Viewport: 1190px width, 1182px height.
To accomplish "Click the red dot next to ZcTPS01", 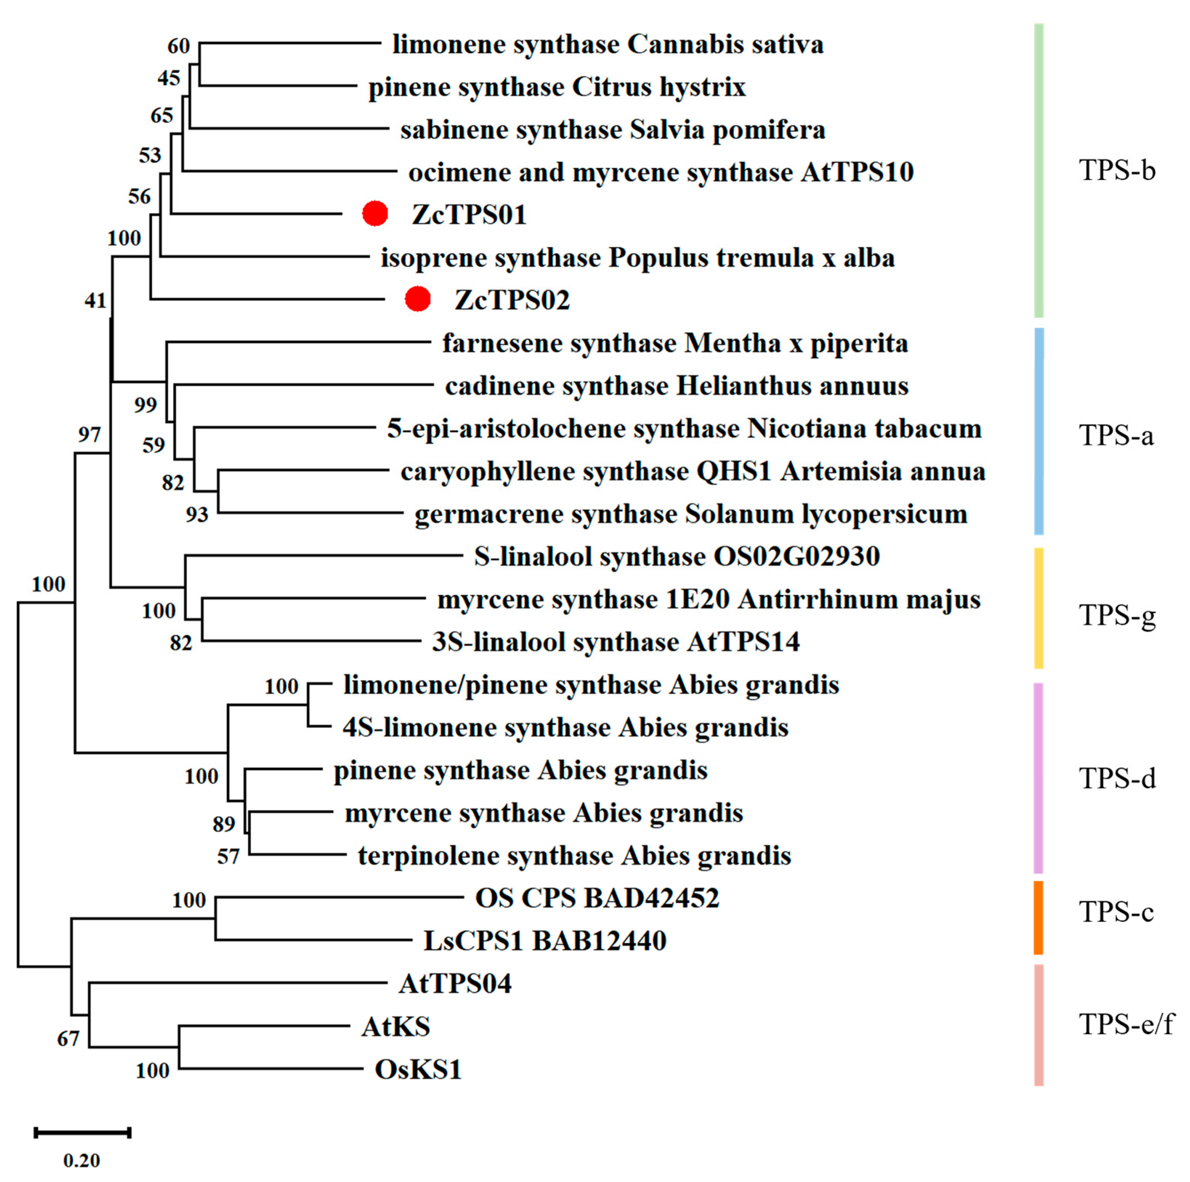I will tap(375, 213).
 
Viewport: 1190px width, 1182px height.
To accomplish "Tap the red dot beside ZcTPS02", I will tap(418, 299).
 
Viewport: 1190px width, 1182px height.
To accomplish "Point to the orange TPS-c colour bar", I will tap(1038, 917).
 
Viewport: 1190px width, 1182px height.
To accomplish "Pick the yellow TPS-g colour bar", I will tap(1038, 608).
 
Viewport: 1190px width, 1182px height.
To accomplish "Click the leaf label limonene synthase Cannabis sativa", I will tap(608, 45).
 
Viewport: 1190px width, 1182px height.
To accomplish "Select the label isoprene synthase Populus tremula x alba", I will tap(638, 257).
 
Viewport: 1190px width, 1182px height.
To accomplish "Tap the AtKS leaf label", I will tap(395, 1026).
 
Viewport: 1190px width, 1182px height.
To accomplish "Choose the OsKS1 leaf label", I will tap(418, 1069).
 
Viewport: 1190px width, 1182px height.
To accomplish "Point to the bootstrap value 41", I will tap(95, 300).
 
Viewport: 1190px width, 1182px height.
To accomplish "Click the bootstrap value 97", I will tap(89, 435).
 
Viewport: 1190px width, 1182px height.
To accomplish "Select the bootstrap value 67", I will tap(68, 1039).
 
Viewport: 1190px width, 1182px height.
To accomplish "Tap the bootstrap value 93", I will tap(197, 514).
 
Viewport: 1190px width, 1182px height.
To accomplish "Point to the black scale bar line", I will tap(83, 1132).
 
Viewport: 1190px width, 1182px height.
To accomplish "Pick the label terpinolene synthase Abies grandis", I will tap(574, 856).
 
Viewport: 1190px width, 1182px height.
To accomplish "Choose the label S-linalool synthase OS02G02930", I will tap(676, 556).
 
